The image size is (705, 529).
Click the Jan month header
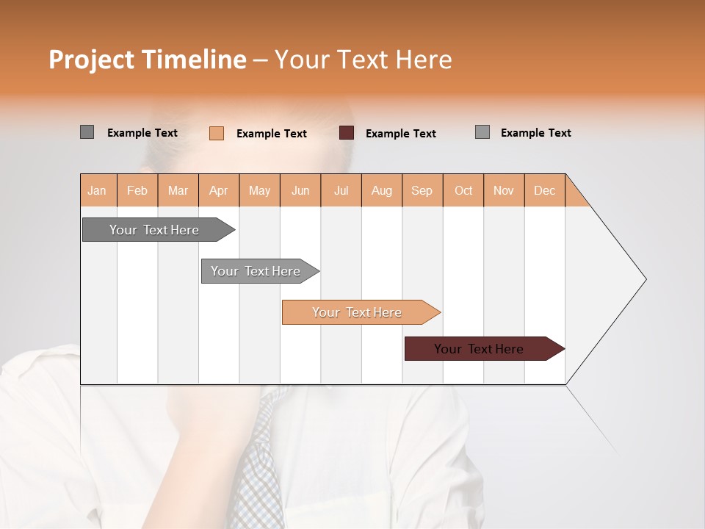98,190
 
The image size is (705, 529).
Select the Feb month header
137,190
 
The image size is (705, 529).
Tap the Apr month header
219,190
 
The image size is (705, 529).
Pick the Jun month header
300,190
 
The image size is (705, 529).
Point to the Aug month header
382,190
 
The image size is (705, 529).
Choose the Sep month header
422,190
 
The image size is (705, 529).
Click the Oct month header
463,190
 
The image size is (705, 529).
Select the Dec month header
545,190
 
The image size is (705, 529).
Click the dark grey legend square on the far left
87,132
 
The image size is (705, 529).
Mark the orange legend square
217,133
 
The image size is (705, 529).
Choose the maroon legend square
347,132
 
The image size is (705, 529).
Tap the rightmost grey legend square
482,132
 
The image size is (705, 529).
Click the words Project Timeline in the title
147,60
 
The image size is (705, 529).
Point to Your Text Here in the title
363,60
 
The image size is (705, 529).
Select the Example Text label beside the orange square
271,134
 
